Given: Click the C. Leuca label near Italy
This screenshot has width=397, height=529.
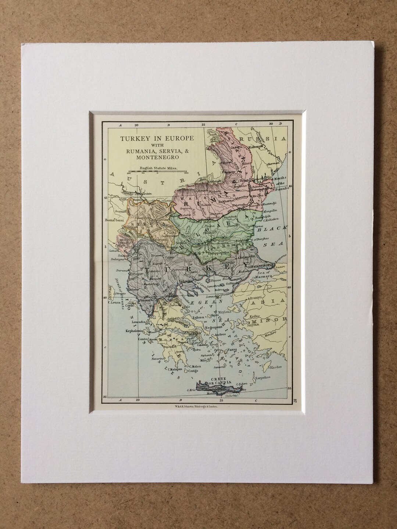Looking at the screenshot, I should click(x=114, y=303).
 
